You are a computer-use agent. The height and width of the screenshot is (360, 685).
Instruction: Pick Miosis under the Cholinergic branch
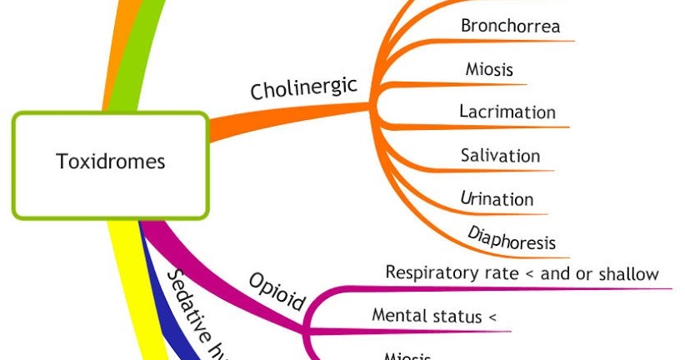[x=488, y=68]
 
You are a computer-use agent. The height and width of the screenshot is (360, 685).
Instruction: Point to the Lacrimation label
[x=507, y=112]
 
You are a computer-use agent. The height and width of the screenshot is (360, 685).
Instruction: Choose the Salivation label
[x=500, y=156]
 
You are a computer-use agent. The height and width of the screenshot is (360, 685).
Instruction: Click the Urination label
[x=497, y=198]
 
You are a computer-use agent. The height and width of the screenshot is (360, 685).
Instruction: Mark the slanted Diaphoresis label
[x=512, y=237]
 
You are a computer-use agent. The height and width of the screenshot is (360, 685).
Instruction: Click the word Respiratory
[x=429, y=273]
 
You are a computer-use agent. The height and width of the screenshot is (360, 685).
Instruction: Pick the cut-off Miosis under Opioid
[x=407, y=356]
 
